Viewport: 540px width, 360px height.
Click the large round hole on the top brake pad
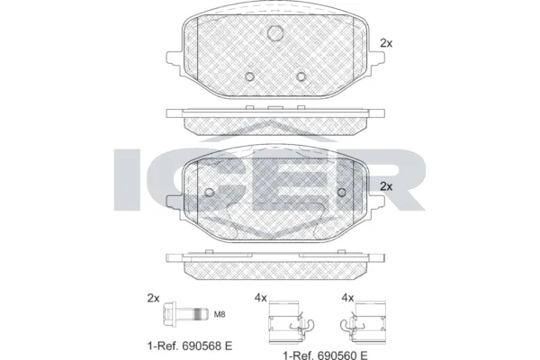pyautogui.click(x=276, y=34)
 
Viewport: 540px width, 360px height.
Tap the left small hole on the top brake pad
pyautogui.click(x=253, y=76)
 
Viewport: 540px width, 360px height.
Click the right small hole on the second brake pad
pyautogui.click(x=341, y=192)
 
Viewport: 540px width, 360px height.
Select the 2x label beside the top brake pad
pyautogui.click(x=387, y=42)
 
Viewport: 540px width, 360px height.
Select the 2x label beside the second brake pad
pyautogui.click(x=387, y=186)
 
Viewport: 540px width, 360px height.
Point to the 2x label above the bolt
pyautogui.click(x=153, y=298)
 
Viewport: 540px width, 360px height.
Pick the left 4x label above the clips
pyautogui.click(x=260, y=298)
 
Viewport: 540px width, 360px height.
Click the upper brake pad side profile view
pyautogui.click(x=275, y=118)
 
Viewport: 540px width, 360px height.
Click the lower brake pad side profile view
pyautogui.click(x=275, y=262)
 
